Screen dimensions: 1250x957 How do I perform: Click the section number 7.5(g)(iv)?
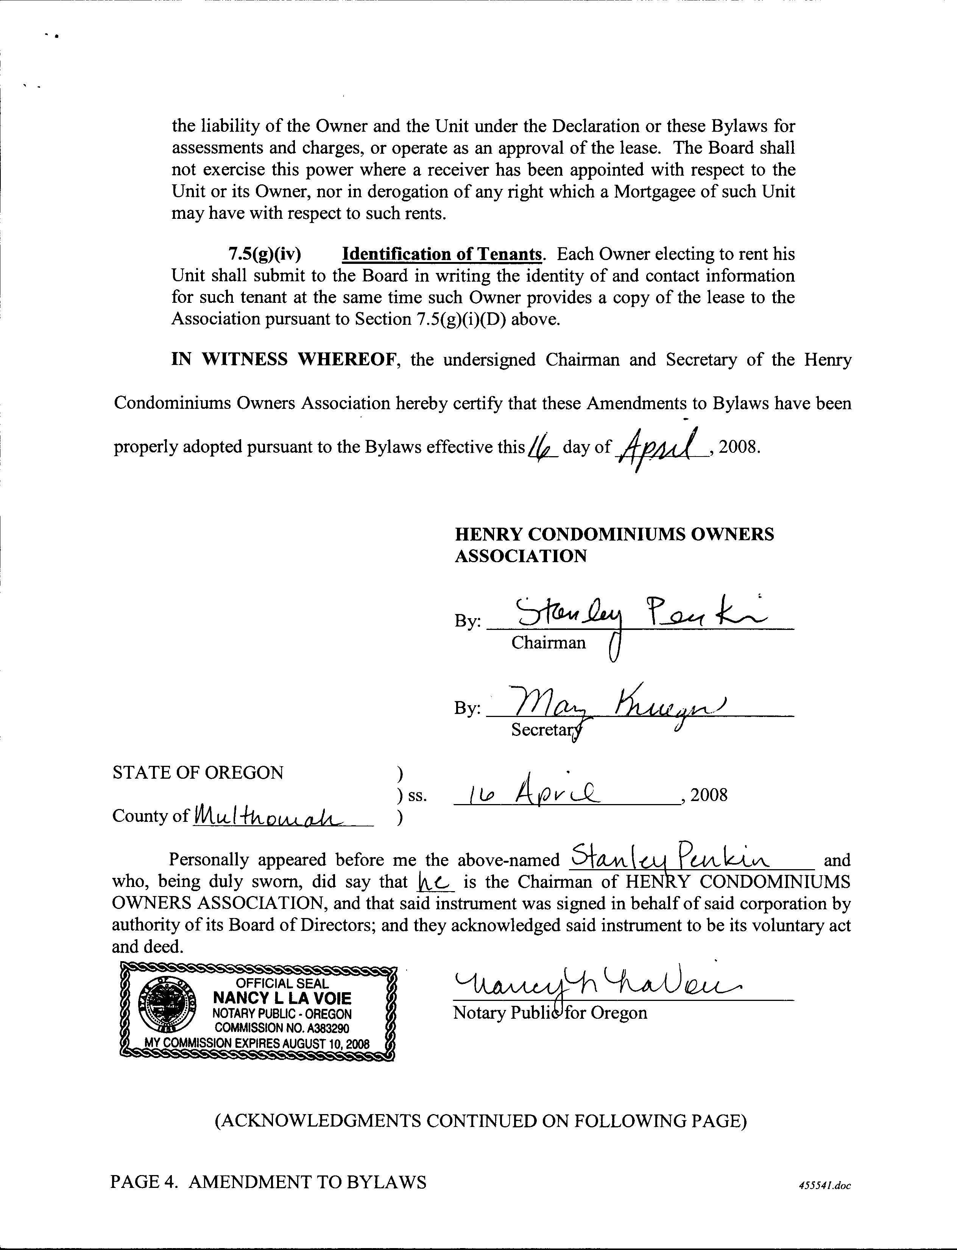(x=264, y=254)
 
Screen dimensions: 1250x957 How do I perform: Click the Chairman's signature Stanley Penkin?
(x=632, y=615)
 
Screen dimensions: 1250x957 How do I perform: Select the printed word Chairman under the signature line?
(x=548, y=643)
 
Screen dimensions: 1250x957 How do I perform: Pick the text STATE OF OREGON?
(x=198, y=773)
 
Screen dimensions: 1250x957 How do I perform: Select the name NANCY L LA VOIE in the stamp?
(x=282, y=998)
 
